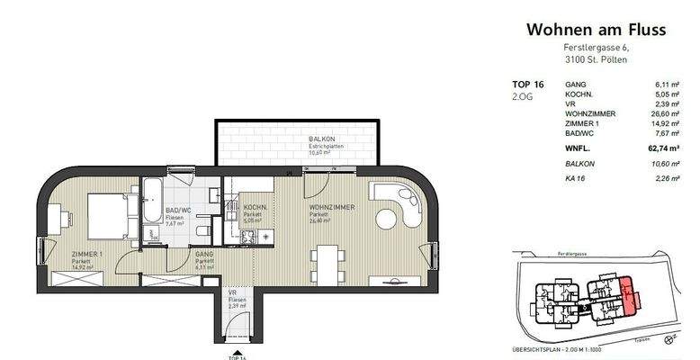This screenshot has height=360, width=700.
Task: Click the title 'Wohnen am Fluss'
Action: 596,30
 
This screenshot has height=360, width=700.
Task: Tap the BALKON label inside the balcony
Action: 322,139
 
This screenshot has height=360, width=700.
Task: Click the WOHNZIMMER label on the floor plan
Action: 332,208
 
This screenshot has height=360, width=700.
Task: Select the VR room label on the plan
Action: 232,292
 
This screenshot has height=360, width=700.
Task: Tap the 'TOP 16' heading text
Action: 528,83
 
